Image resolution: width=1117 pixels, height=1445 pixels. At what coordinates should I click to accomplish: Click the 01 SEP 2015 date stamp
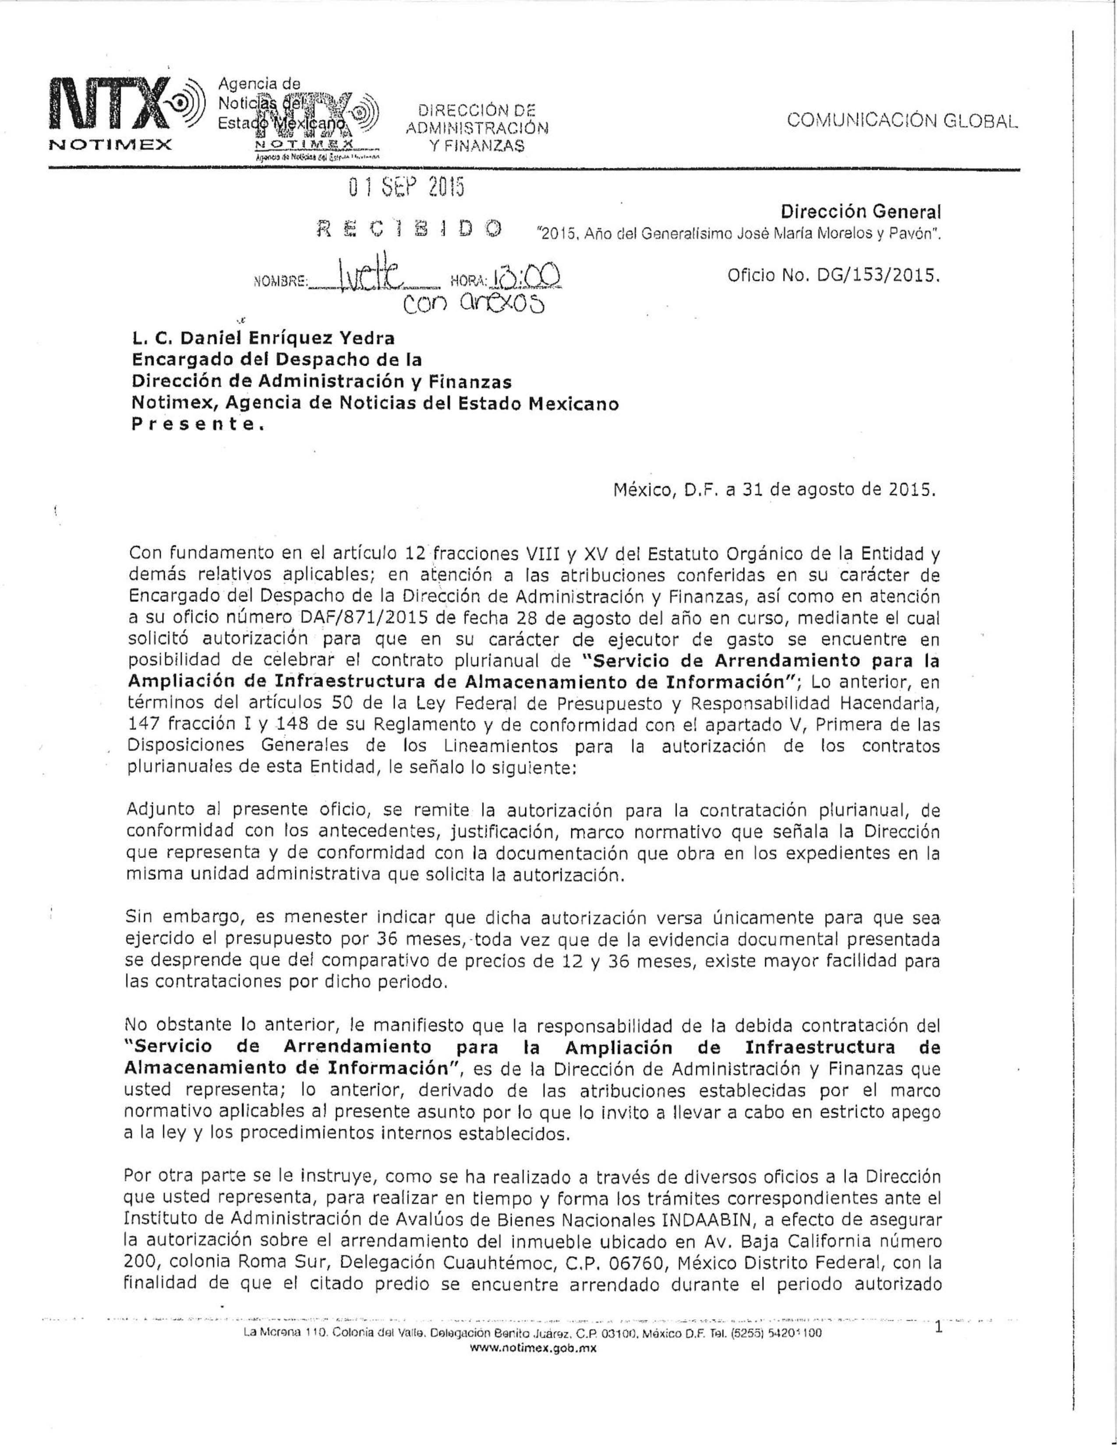[407, 189]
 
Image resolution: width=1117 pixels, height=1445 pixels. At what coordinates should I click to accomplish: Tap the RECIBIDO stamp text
[409, 229]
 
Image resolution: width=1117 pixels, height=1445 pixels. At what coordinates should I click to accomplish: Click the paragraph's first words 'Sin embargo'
[173, 918]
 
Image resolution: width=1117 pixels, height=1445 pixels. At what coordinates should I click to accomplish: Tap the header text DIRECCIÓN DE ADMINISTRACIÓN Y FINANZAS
[477, 128]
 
